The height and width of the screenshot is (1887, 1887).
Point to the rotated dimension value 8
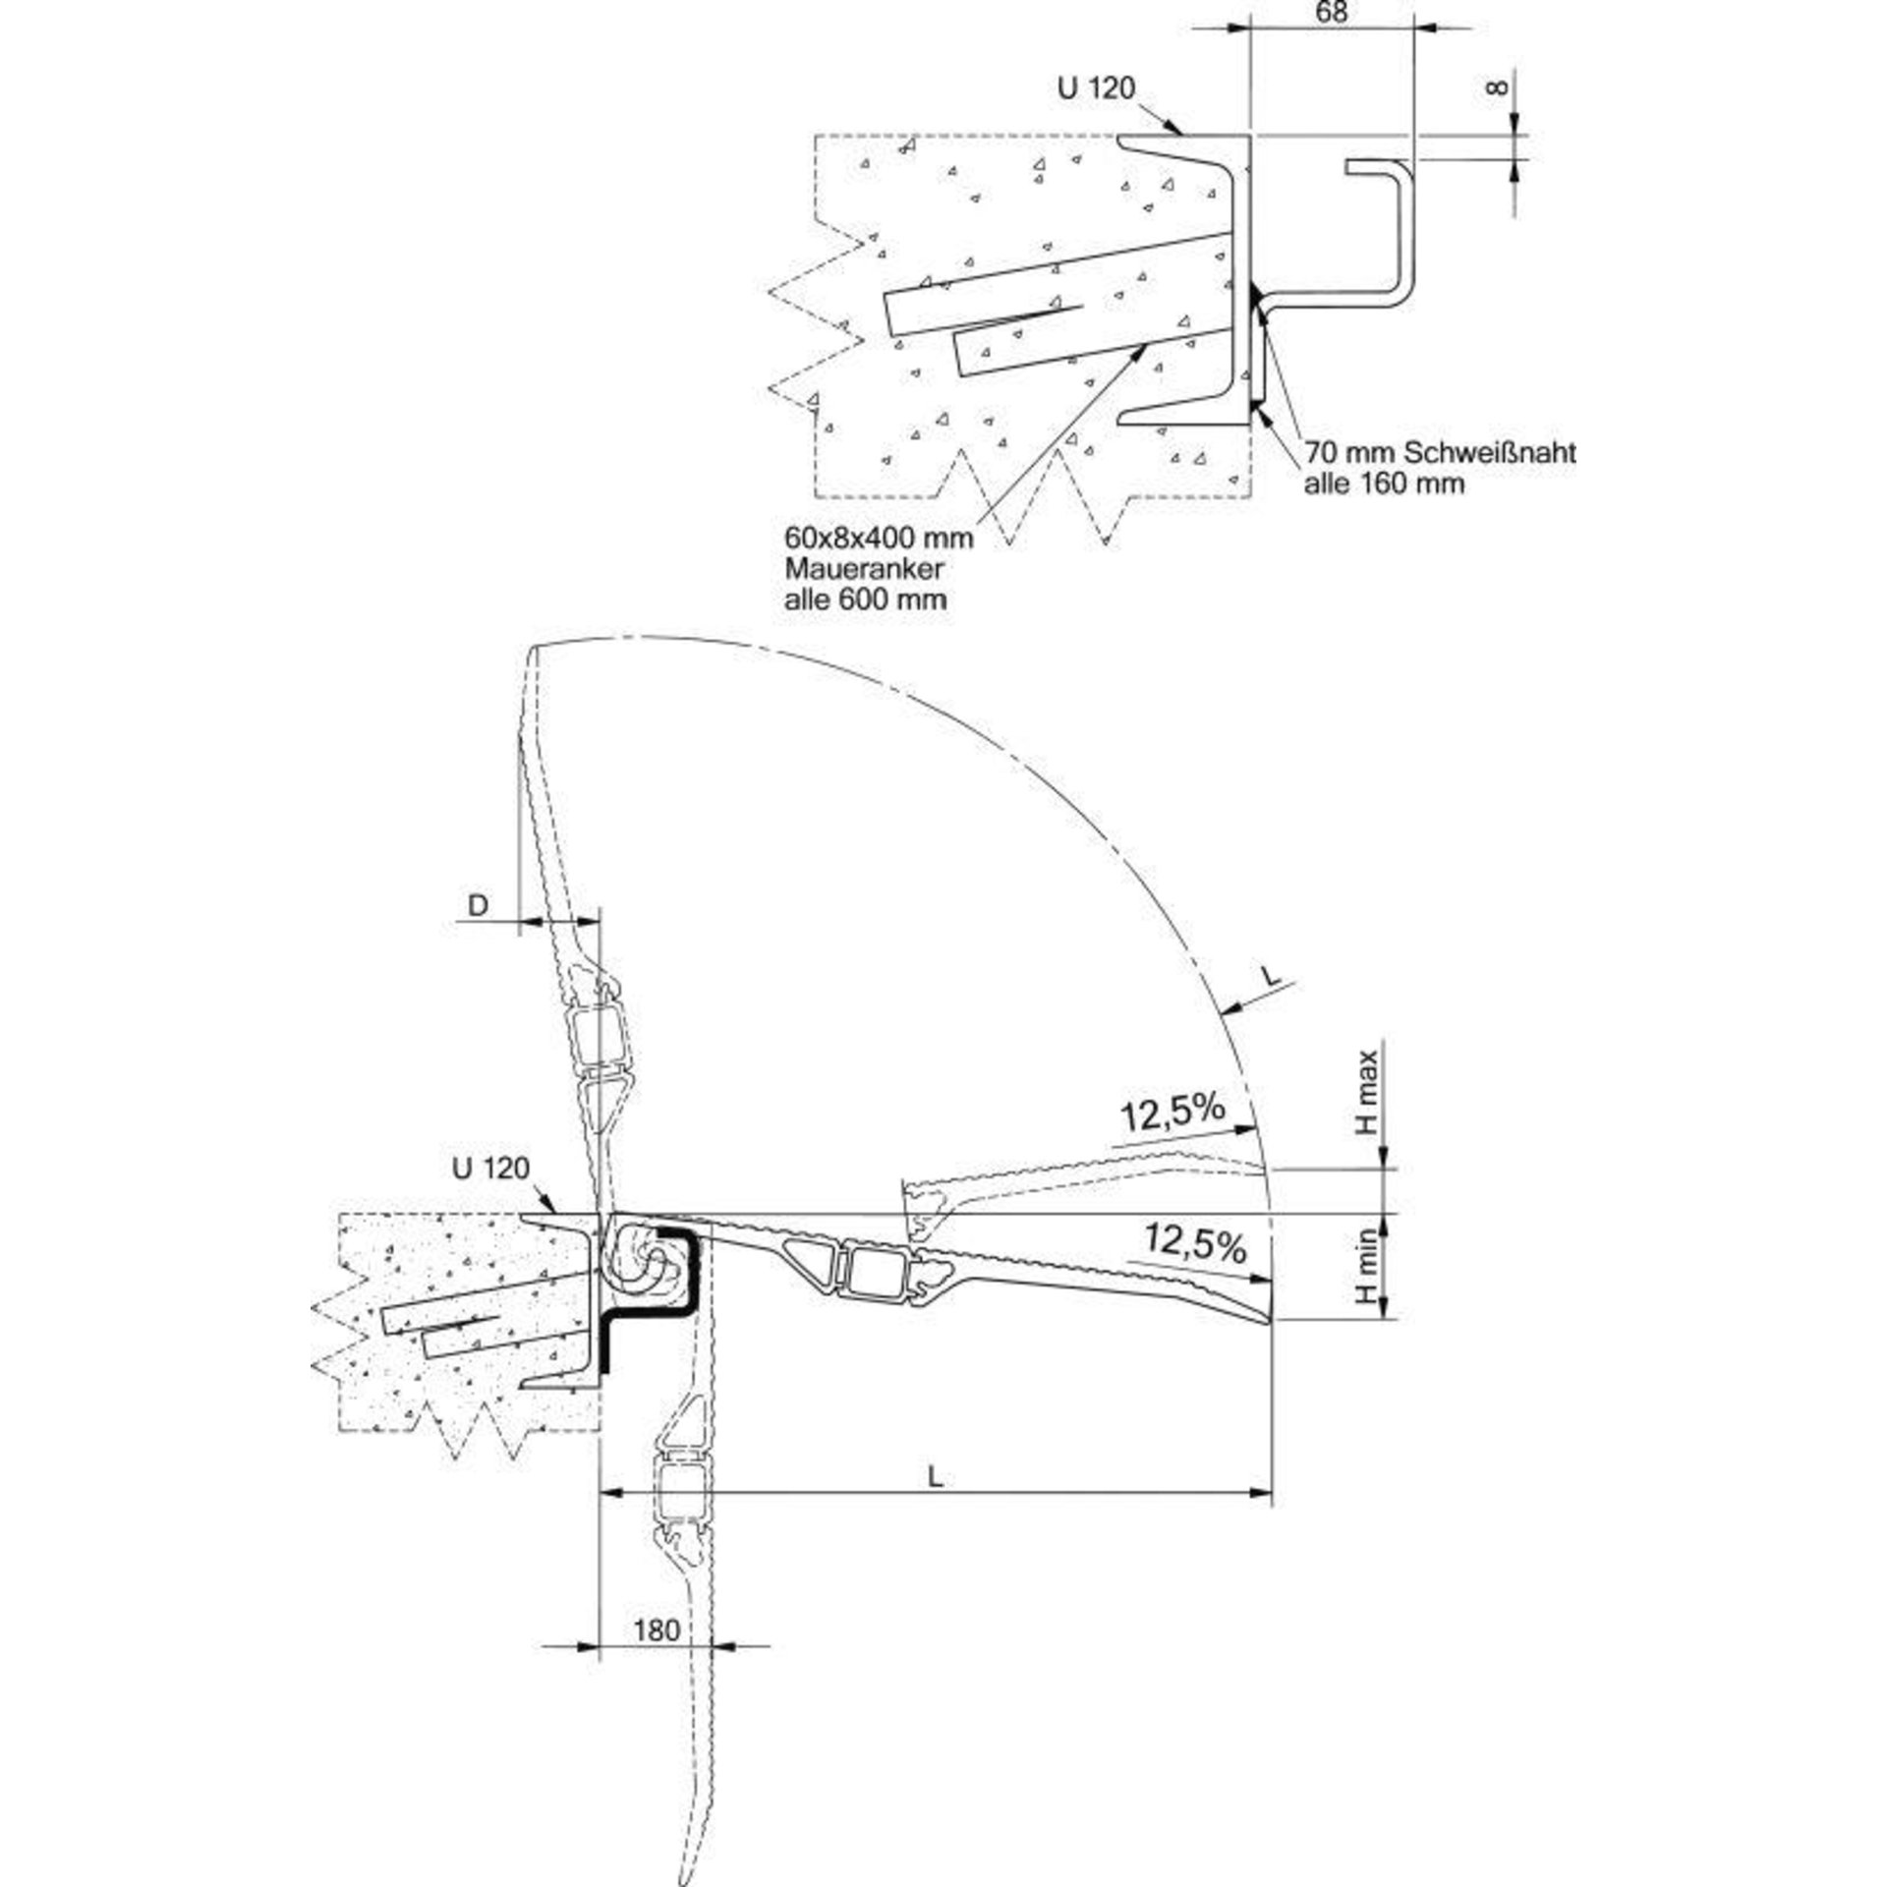click(x=1497, y=88)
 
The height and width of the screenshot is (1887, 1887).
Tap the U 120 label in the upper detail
click(x=1096, y=88)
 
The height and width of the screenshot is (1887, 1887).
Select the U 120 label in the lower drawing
click(x=490, y=1169)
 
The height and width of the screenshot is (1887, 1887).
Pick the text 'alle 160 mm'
click(x=1384, y=484)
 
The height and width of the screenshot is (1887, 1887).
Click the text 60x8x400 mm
click(x=879, y=538)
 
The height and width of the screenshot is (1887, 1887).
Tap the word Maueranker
click(x=865, y=568)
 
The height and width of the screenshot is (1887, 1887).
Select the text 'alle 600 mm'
click(x=865, y=599)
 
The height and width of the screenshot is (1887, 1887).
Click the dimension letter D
click(x=478, y=905)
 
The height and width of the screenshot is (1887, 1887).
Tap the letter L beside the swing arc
click(x=1271, y=977)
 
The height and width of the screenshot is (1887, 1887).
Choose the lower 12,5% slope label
click(x=1194, y=1245)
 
